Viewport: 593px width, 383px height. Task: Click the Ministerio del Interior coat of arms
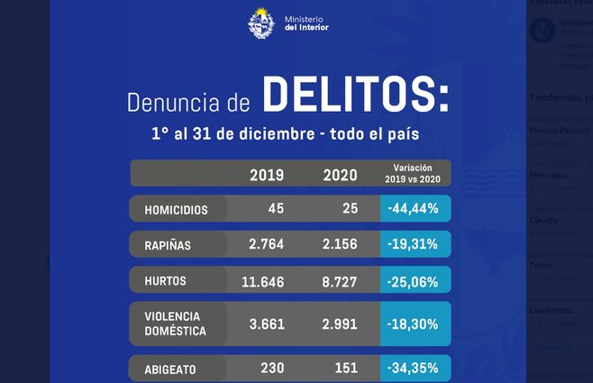[x=262, y=23]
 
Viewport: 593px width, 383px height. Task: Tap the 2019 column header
[x=266, y=175]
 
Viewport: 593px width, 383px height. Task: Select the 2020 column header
[x=339, y=175]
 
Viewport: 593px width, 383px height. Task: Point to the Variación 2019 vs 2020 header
[x=414, y=173]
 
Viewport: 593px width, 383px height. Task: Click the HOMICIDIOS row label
[x=177, y=210]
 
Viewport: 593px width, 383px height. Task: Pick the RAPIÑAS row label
[x=168, y=245]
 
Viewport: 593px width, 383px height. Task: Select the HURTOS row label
[x=165, y=281]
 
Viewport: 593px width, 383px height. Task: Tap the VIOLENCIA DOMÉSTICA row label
[x=175, y=324]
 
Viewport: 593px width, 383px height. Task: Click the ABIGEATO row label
[x=171, y=369]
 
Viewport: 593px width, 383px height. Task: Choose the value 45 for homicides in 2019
[x=276, y=209]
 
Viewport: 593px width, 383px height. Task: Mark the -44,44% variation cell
[x=414, y=209]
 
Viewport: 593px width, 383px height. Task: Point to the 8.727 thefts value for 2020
[x=339, y=282]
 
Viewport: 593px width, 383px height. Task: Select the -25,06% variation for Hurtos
[x=414, y=282]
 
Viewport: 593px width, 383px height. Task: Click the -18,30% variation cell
[x=414, y=324]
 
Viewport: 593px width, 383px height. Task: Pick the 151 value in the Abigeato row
[x=345, y=368]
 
